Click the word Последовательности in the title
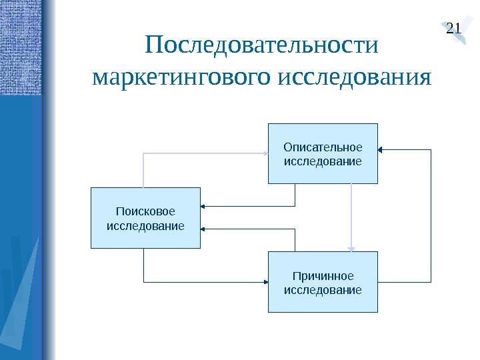point(261,47)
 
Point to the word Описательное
point(323,147)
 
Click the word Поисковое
point(145,211)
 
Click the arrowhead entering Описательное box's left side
point(265,153)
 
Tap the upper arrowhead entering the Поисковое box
point(204,205)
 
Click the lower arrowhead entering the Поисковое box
point(204,229)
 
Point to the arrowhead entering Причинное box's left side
point(265,281)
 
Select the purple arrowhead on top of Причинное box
point(351,248)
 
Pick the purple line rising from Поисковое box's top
point(143,170)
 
